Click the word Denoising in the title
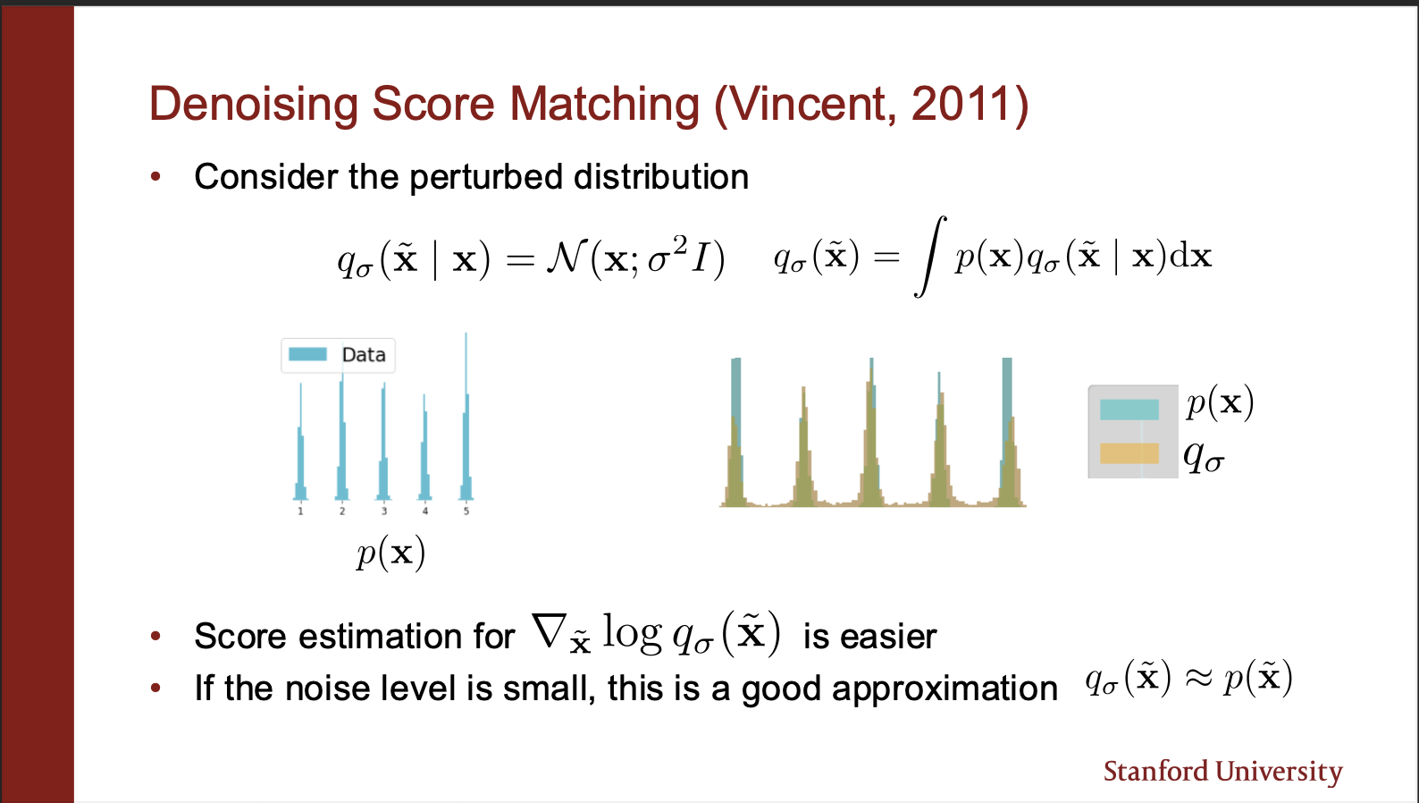click(x=254, y=105)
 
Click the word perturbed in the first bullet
click(x=486, y=177)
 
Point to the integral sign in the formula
click(x=930, y=256)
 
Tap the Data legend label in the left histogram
click(x=364, y=355)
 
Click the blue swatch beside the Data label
click(x=308, y=354)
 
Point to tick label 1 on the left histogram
click(x=300, y=511)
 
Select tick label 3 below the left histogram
click(x=384, y=511)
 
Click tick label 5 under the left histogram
click(x=466, y=511)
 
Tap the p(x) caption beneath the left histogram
click(x=390, y=554)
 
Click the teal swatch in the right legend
click(x=1129, y=410)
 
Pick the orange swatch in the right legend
click(x=1129, y=453)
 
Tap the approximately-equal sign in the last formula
click(x=1197, y=680)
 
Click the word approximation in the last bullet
click(x=945, y=689)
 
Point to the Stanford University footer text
click(x=1222, y=772)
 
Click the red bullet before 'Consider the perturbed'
click(x=155, y=177)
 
